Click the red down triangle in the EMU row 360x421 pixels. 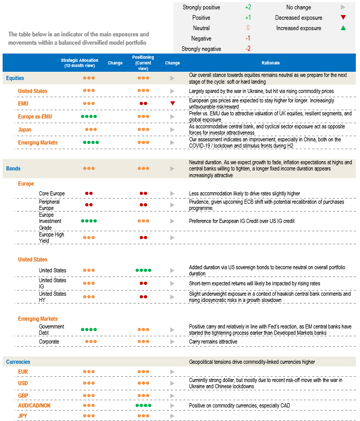pyautogui.click(x=172, y=103)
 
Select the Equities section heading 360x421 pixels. pyautogui.click(x=15, y=78)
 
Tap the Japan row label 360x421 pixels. pyautogui.click(x=25, y=130)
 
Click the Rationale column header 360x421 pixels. pyautogui.click(x=271, y=63)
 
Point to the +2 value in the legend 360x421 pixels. pyautogui.click(x=248, y=7)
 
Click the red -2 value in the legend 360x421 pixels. pyautogui.click(x=248, y=49)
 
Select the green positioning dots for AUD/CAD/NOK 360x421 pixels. pyautogui.click(x=143, y=405)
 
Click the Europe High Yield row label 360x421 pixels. pyautogui.click(x=52, y=238)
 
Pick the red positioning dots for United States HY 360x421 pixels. pyautogui.click(x=143, y=297)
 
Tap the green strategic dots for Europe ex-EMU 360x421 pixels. pyautogui.click(x=89, y=116)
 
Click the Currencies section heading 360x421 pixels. pyautogui.click(x=18, y=362)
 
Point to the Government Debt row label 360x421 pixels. pyautogui.click(x=51, y=330)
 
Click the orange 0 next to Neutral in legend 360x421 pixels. pyautogui.click(x=248, y=28)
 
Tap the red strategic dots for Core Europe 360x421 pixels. pyautogui.click(x=89, y=193)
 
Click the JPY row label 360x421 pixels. pyautogui.click(x=23, y=416)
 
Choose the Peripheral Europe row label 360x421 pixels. pyautogui.click(x=49, y=205)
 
